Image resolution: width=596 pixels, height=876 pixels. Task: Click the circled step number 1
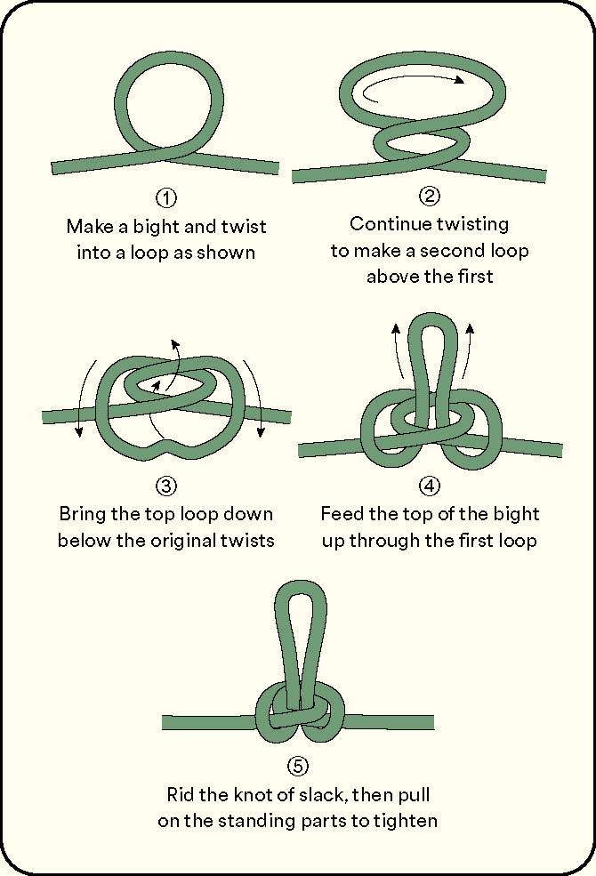[165, 197]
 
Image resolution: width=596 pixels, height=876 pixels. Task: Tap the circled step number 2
[430, 196]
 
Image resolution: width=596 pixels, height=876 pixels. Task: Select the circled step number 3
[165, 486]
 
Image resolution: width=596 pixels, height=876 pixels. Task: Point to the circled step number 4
[430, 486]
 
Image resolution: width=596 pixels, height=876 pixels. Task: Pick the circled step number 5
[298, 766]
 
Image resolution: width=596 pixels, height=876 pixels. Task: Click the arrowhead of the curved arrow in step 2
[459, 80]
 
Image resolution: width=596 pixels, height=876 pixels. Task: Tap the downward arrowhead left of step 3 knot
[79, 431]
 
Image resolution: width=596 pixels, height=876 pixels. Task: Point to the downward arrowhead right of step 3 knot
[261, 431]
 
